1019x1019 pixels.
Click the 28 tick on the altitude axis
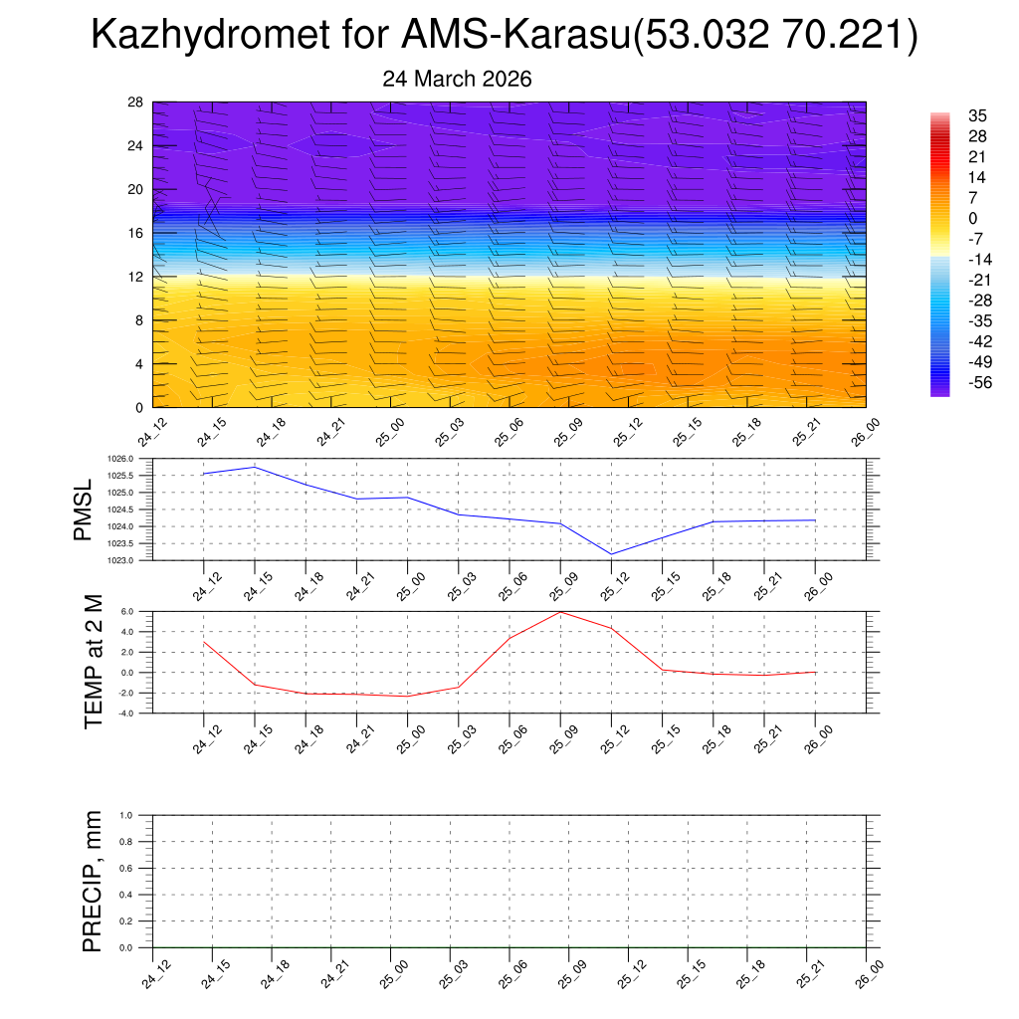tap(136, 102)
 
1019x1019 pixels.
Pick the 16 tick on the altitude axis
tap(136, 233)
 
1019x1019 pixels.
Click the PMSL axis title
tap(83, 509)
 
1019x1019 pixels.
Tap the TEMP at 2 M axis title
tap(94, 662)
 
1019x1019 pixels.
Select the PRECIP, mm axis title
tap(93, 882)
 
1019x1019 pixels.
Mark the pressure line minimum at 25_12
tap(611, 554)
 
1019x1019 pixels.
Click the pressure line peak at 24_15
tap(255, 467)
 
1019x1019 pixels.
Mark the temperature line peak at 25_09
tap(560, 611)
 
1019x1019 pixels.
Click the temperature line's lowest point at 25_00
tap(407, 696)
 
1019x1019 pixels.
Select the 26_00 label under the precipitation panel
tap(870, 970)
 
